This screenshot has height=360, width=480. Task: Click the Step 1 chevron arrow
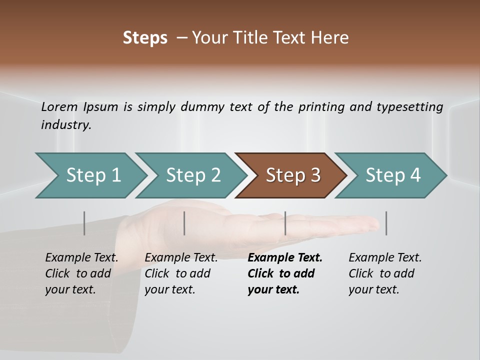(x=90, y=175)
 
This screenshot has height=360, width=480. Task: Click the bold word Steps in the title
(x=145, y=38)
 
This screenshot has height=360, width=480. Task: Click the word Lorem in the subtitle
(x=59, y=107)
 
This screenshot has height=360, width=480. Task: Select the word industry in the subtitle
(x=65, y=125)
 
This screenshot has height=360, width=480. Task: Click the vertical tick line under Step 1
(x=84, y=223)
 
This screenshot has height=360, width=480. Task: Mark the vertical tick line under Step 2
(x=184, y=223)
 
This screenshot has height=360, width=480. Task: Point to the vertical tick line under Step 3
(x=285, y=223)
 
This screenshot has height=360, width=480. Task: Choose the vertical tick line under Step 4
(x=386, y=223)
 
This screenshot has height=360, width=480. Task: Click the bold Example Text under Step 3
(x=285, y=258)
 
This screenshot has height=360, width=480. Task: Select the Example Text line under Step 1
(x=81, y=258)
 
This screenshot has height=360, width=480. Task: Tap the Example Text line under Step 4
(x=385, y=258)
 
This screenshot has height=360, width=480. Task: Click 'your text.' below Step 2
(x=169, y=289)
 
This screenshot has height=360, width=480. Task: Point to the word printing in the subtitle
(x=317, y=107)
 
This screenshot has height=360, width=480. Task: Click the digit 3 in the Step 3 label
(x=315, y=175)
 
